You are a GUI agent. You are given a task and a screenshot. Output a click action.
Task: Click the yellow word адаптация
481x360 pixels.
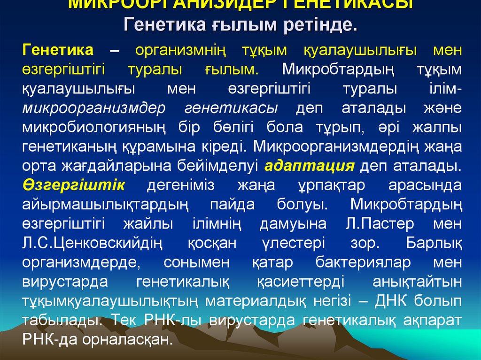click(x=309, y=166)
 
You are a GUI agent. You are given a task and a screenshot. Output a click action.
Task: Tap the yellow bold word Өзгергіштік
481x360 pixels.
click(x=73, y=185)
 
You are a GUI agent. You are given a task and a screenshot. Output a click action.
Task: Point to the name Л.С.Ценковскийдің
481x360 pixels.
click(x=92, y=243)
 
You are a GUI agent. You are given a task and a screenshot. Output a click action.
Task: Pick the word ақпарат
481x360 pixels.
click(x=433, y=321)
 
